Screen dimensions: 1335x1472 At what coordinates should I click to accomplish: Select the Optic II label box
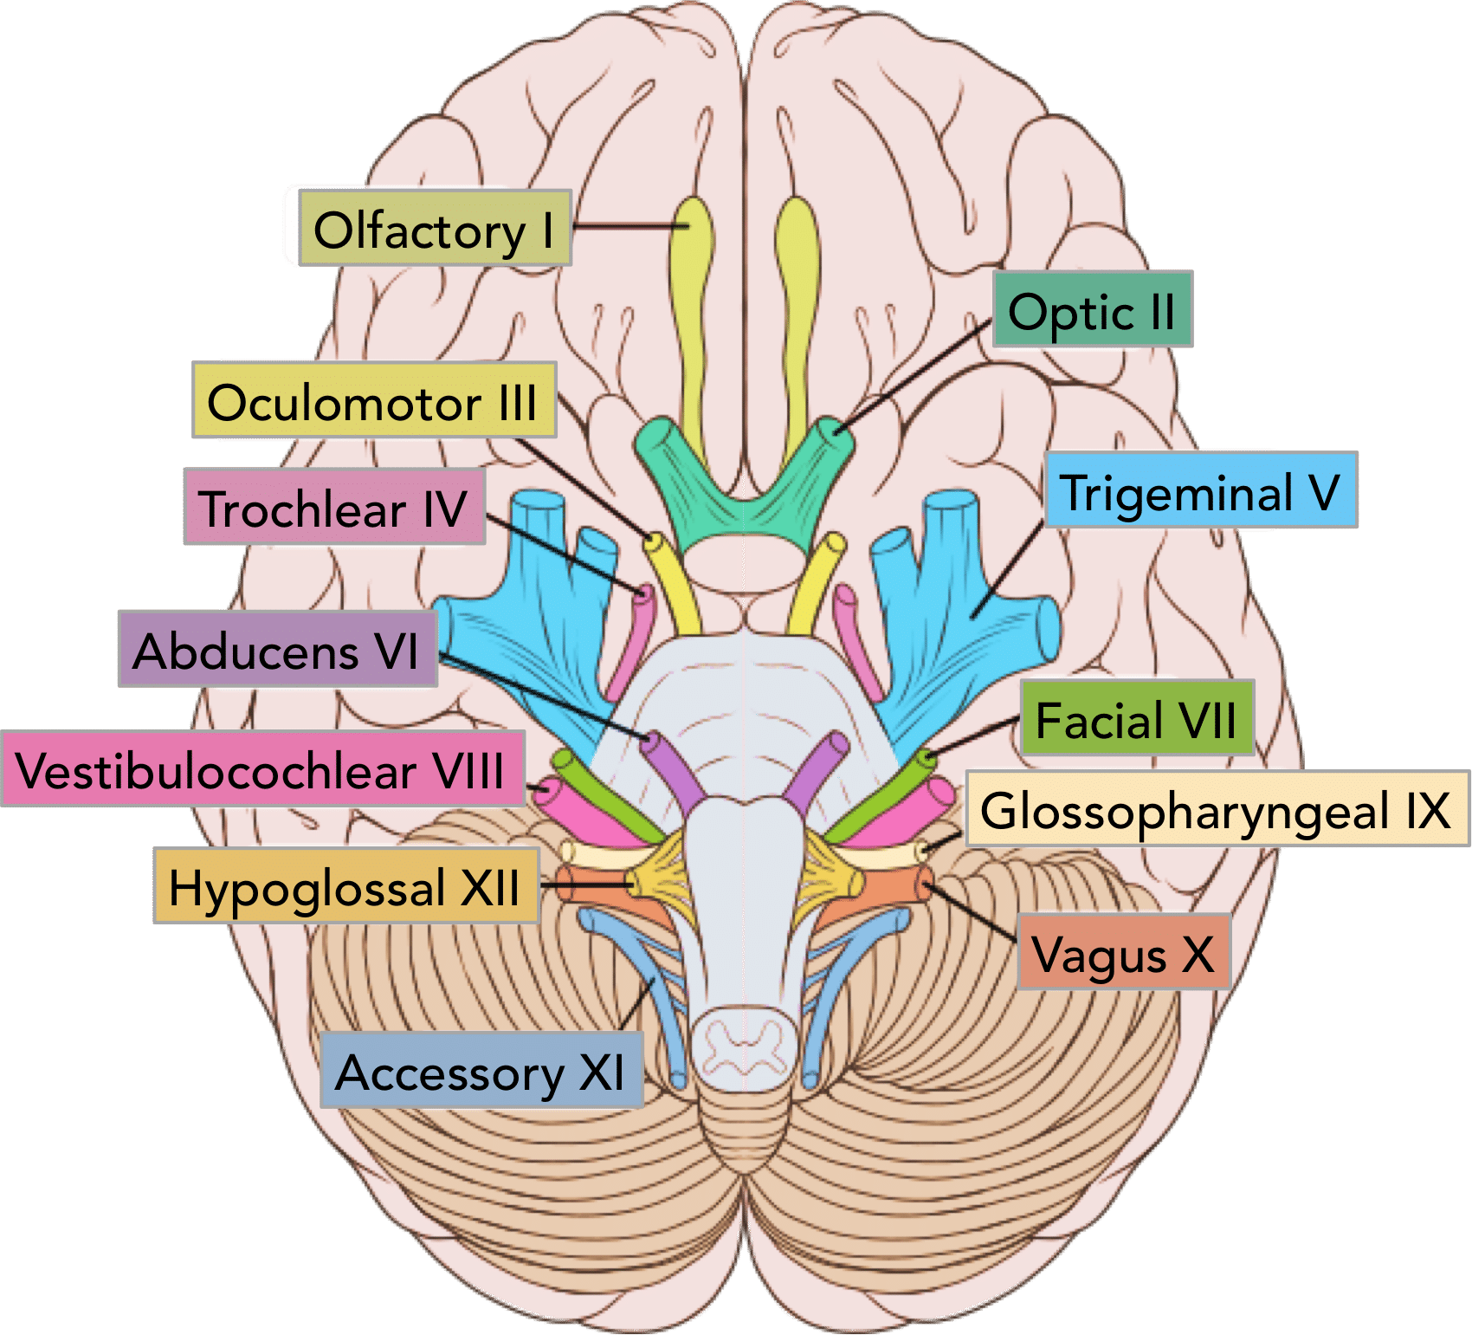point(1092,310)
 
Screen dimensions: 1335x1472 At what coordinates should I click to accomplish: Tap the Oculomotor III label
point(373,401)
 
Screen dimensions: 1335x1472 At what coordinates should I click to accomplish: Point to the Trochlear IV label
point(334,508)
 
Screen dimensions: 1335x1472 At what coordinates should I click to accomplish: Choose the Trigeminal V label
point(1200,491)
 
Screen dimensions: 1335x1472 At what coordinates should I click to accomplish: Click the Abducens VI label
point(277,650)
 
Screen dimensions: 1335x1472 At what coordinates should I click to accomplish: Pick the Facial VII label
point(1136,719)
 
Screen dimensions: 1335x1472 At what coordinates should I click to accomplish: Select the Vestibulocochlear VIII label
point(262,769)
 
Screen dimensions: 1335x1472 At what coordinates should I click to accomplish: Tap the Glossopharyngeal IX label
point(1216,811)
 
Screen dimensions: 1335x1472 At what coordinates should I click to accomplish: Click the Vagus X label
point(1123,953)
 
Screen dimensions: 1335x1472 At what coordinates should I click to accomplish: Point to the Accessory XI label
point(481,1071)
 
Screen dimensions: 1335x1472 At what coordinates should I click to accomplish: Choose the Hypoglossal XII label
point(345,886)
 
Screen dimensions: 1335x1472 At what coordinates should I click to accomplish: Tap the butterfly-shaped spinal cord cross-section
point(743,1043)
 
